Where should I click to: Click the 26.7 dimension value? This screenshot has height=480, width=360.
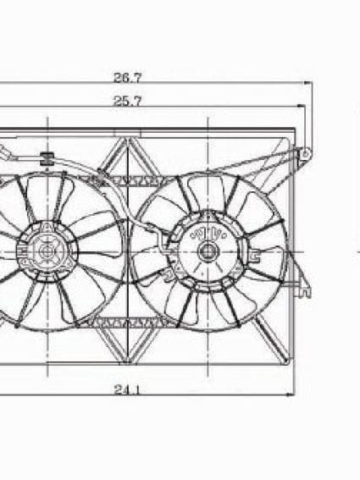tap(127, 77)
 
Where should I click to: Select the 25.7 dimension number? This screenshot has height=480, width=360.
tap(127, 100)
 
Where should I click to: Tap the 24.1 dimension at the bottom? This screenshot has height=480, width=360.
tap(127, 390)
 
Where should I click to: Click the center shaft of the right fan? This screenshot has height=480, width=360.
tap(207, 251)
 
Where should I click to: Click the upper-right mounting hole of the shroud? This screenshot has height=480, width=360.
tap(307, 153)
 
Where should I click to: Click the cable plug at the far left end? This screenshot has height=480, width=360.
tap(5, 155)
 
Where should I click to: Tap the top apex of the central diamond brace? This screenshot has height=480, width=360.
tap(127, 141)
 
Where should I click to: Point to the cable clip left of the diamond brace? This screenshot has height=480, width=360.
tap(102, 177)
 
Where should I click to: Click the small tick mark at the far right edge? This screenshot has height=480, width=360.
tap(356, 251)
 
